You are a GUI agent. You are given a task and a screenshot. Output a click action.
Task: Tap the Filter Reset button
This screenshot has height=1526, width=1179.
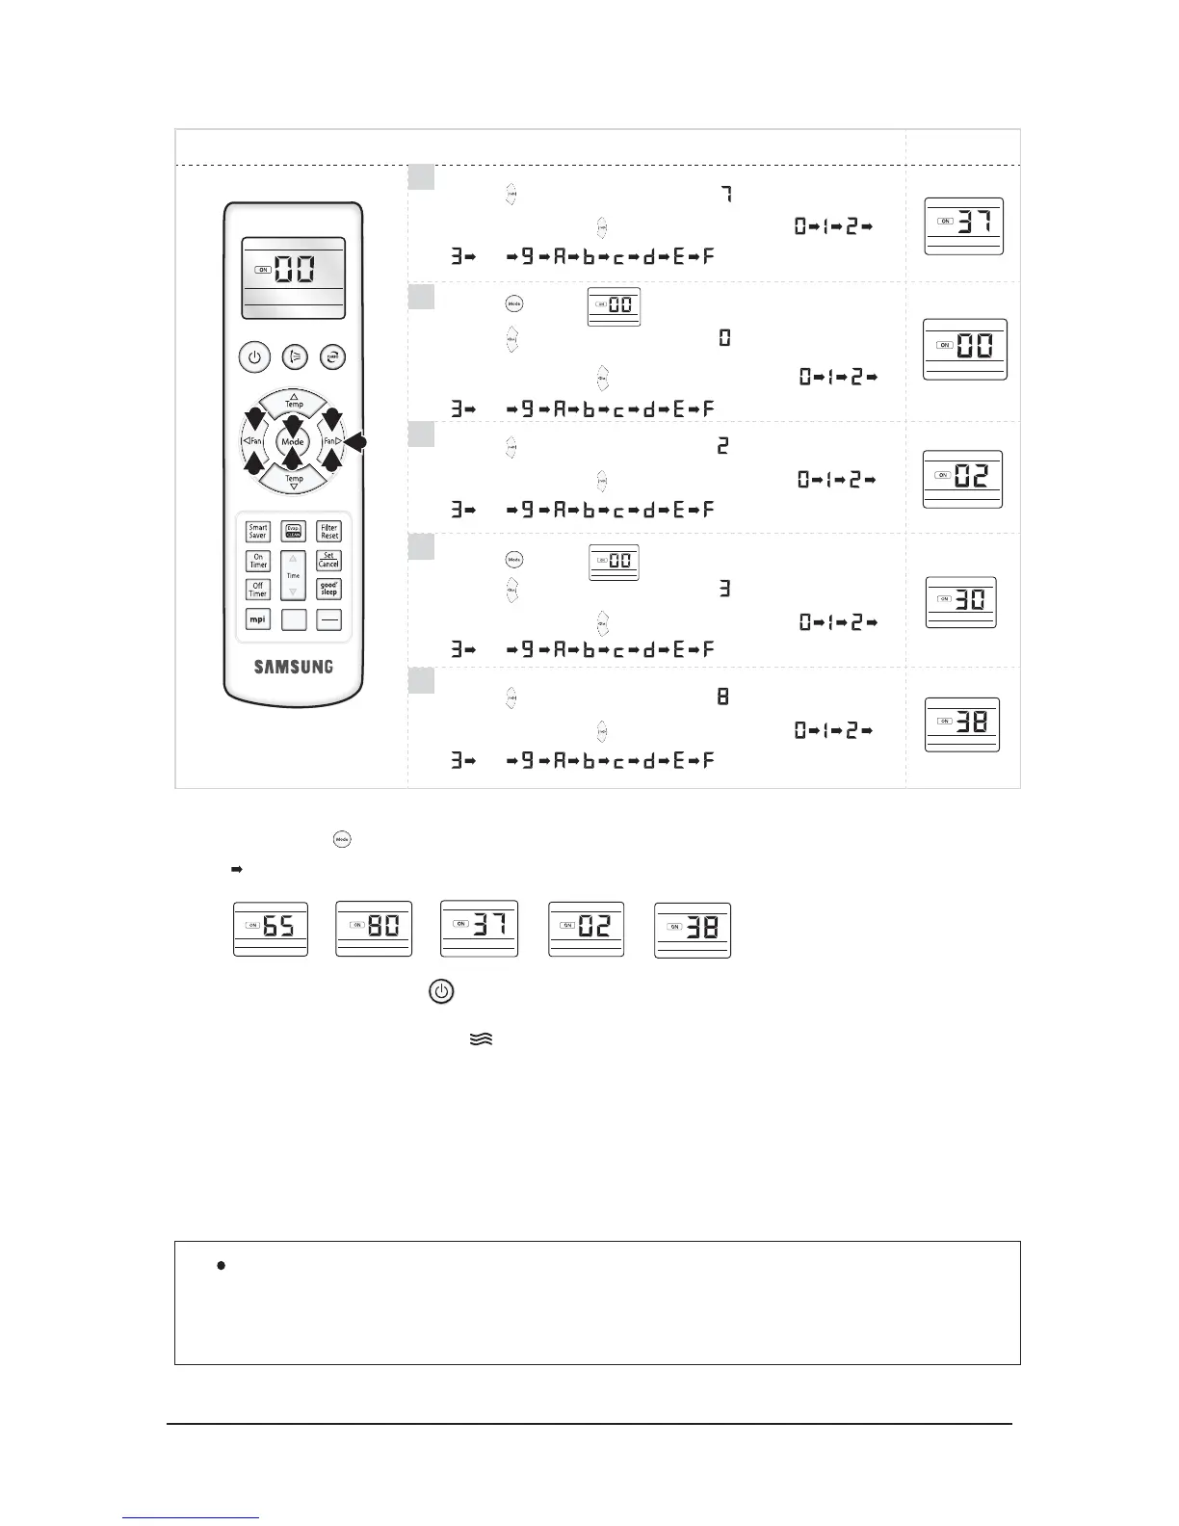(329, 531)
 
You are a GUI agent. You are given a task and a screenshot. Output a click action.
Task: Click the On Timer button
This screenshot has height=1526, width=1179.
(258, 561)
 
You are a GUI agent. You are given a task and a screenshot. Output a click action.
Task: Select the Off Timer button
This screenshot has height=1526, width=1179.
(258, 590)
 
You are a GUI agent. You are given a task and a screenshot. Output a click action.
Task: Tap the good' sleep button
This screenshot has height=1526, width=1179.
(329, 590)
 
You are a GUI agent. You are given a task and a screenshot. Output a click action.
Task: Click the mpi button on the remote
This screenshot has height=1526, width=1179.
(258, 619)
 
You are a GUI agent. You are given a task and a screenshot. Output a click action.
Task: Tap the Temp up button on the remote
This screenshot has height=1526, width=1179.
(294, 401)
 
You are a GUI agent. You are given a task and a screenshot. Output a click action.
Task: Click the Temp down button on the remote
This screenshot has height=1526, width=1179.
(294, 481)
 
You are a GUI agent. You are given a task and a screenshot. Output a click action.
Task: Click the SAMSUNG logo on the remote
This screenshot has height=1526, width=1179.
(294, 667)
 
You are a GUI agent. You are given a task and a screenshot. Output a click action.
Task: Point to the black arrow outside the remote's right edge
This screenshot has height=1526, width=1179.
(355, 442)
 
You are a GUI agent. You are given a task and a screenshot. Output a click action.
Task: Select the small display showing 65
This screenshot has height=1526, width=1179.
(271, 929)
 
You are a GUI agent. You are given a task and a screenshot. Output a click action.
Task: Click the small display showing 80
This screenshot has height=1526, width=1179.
(374, 929)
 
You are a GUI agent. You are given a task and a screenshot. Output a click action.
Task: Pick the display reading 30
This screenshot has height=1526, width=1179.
(960, 602)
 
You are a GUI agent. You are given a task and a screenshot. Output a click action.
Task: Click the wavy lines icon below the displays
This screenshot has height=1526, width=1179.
(482, 1039)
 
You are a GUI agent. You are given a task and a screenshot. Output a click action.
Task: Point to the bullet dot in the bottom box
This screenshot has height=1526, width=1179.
(222, 1266)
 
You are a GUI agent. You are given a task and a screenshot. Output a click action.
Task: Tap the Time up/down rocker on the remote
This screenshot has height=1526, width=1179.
(294, 575)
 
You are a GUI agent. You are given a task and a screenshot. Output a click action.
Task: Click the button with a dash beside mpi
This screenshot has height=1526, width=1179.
(329, 620)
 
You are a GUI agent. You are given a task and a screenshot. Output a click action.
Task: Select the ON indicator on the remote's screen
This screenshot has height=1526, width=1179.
(263, 270)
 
